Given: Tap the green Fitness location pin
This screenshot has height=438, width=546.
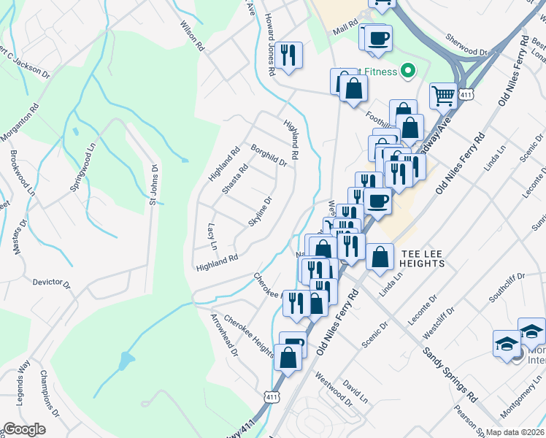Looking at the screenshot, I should pos(408,71).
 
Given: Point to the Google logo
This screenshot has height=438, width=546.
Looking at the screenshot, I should pos(24,429).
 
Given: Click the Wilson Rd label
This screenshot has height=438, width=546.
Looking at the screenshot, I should pos(192,35).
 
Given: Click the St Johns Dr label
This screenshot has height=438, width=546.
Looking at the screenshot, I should pos(154,184).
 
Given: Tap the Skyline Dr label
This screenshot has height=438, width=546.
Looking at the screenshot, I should pos(260,211).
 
